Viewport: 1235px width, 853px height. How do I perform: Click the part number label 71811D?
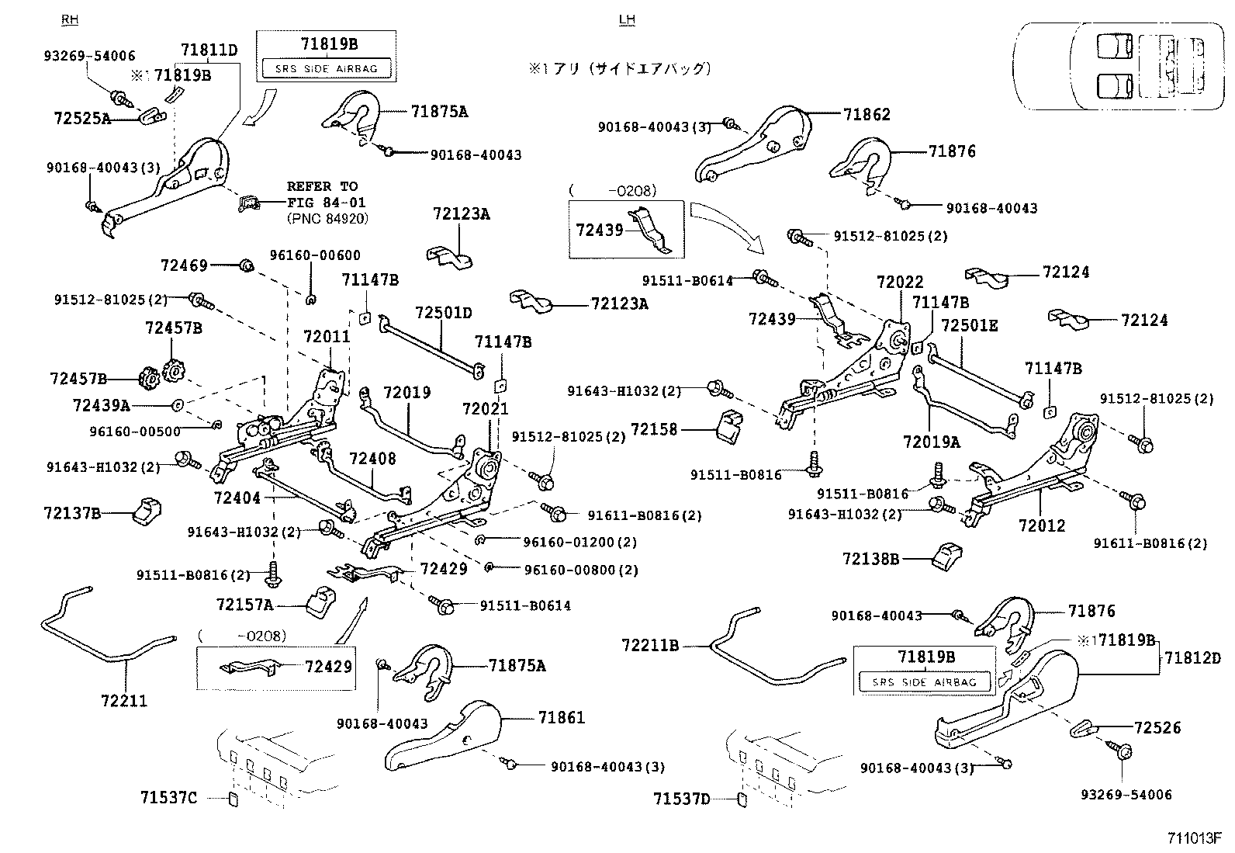[209, 51]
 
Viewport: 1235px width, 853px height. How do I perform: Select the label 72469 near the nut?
[184, 265]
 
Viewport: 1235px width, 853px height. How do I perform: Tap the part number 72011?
[327, 337]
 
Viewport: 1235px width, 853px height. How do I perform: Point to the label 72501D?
[443, 313]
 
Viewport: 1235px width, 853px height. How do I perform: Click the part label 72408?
[372, 459]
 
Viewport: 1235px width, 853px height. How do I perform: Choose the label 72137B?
[72, 513]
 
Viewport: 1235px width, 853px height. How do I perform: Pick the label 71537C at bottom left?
[169, 797]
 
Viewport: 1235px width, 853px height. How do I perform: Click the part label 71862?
[867, 115]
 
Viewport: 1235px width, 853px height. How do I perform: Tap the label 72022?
[900, 283]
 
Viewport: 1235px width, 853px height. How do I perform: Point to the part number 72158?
[654, 429]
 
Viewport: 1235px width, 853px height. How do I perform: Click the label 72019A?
[931, 442]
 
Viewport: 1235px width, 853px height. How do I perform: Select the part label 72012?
[1042, 525]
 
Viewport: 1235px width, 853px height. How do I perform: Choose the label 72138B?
[870, 558]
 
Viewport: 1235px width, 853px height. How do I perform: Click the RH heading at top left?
[70, 19]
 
